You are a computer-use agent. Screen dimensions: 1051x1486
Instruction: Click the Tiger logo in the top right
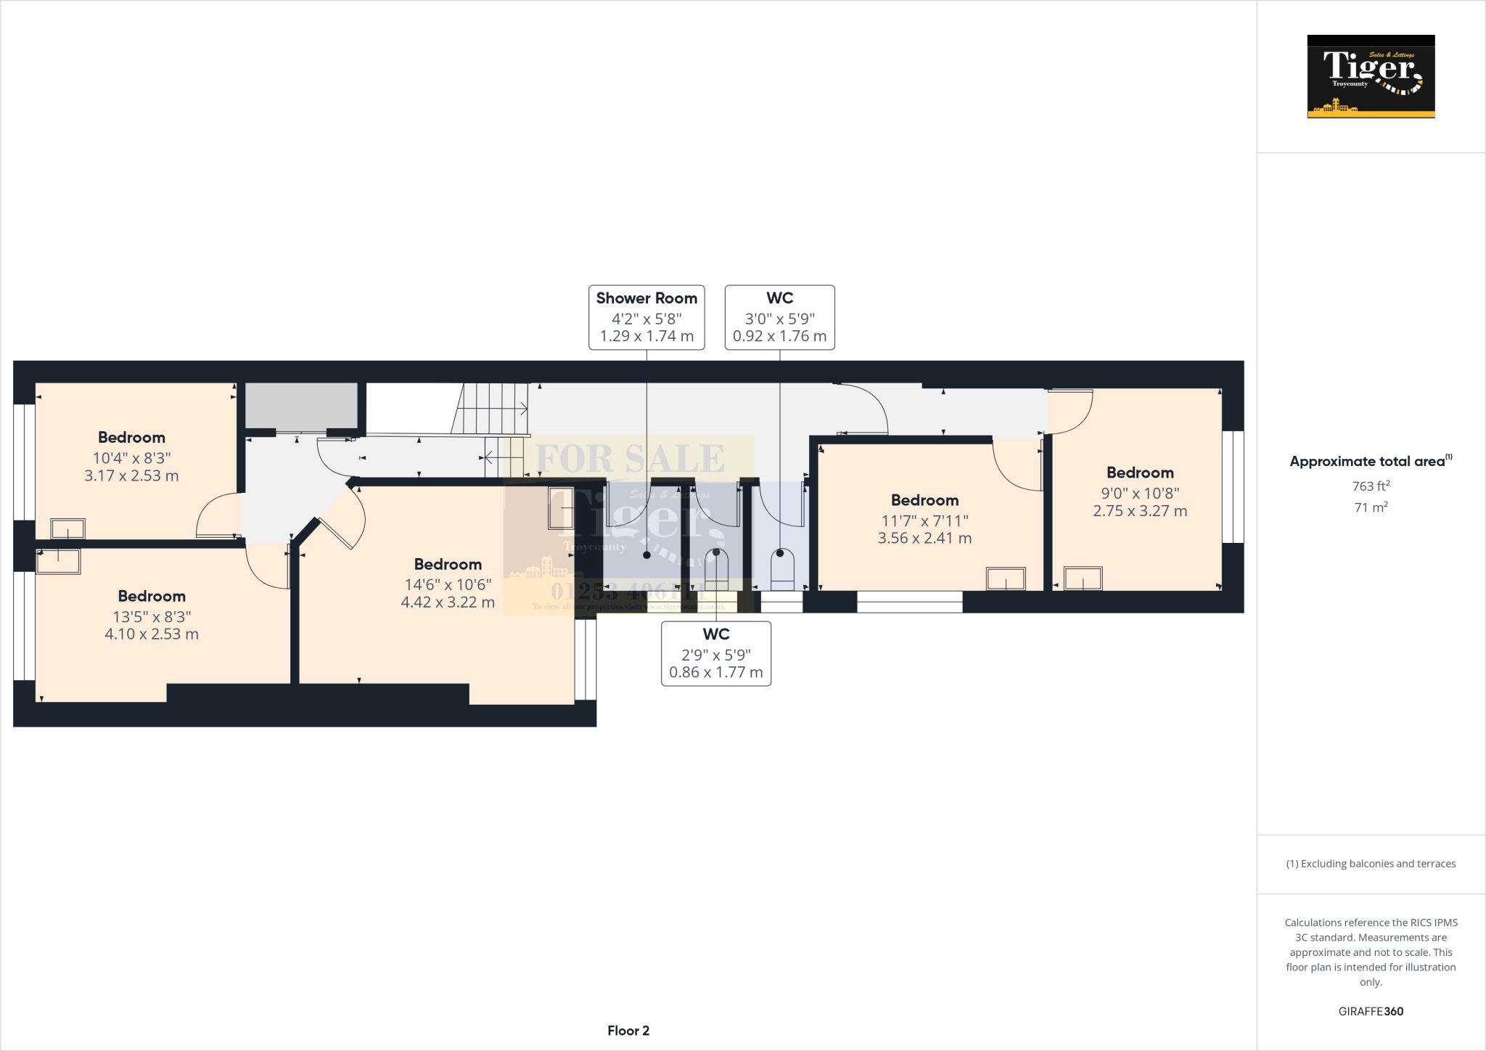pos(1371,76)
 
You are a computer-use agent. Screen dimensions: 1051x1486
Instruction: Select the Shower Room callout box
pos(646,317)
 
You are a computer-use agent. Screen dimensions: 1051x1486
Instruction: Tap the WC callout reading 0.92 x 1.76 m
pos(779,317)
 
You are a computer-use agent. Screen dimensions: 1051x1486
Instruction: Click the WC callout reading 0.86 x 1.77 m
pos(715,653)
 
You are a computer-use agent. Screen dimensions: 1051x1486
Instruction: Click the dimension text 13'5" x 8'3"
pos(152,616)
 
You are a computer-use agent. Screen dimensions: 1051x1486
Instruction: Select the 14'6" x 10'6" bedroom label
pos(448,583)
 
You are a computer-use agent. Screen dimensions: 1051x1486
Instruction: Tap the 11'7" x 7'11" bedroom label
pos(924,519)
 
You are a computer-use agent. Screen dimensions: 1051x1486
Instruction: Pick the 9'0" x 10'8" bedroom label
pos(1140,491)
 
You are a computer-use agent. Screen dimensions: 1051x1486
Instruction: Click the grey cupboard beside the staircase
pos(301,405)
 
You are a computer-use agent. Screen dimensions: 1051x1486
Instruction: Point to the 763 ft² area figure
pos(1371,486)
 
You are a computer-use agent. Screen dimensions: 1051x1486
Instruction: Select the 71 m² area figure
pos(1371,507)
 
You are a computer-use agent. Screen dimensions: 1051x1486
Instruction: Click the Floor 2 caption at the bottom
pos(628,1030)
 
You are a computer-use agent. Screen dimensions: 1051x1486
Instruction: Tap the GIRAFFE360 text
pos(1371,1011)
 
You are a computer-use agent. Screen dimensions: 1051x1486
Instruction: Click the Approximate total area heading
pos(1371,461)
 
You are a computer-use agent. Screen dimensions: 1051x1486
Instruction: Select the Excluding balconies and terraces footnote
pos(1371,864)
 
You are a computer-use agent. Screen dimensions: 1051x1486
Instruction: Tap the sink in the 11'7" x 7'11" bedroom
pos(1006,578)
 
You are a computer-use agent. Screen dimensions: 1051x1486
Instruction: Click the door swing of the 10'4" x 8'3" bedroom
pos(218,517)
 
